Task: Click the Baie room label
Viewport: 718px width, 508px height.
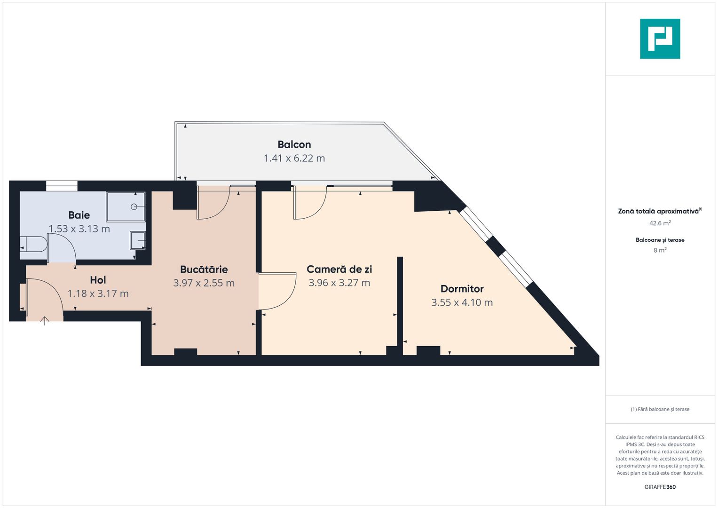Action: click(x=79, y=215)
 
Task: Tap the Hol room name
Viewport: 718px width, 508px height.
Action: click(x=98, y=280)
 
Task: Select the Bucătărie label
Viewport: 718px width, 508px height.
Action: click(x=204, y=270)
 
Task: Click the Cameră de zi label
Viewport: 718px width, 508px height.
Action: click(x=339, y=269)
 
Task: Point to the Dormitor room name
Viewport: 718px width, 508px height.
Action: click(x=462, y=289)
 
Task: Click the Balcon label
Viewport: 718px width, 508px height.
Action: click(x=294, y=144)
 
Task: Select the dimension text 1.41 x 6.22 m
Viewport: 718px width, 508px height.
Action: click(x=294, y=159)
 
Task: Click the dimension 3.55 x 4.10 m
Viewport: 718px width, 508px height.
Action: click(x=462, y=302)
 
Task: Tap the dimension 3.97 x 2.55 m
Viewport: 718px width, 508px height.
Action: click(x=204, y=283)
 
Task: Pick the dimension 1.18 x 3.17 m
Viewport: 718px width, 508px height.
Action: click(x=98, y=294)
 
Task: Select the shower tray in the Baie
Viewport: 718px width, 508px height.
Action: click(x=126, y=206)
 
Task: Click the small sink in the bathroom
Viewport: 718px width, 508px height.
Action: click(x=138, y=240)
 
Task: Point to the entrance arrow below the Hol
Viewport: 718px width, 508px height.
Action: click(x=45, y=321)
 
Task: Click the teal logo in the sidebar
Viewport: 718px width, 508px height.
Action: click(x=660, y=39)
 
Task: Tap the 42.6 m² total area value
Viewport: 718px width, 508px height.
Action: click(x=660, y=223)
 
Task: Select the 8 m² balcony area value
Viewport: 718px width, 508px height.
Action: click(x=660, y=250)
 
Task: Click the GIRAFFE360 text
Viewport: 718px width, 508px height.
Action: click(x=660, y=487)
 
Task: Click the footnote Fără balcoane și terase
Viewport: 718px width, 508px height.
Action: click(x=660, y=409)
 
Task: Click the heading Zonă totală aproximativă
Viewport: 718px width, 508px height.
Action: click(x=659, y=211)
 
